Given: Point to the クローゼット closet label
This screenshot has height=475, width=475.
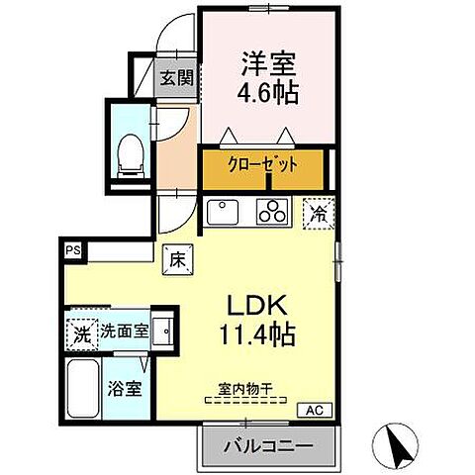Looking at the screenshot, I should (263, 164).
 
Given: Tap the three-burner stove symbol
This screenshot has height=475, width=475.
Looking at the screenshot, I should (270, 211).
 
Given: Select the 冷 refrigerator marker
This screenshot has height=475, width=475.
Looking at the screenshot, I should (319, 212).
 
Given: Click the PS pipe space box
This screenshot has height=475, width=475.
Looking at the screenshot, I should (74, 251).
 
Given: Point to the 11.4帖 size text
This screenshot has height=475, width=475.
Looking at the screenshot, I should (257, 334).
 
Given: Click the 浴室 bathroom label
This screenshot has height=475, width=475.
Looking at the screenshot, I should (124, 388).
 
